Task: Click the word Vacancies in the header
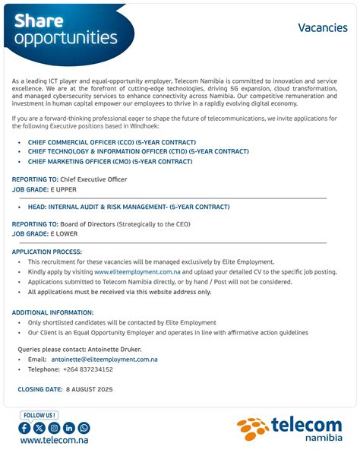point(322,28)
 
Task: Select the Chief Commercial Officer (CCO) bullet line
point(112,142)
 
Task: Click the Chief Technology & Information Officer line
point(138,151)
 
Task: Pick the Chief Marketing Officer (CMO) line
point(110,161)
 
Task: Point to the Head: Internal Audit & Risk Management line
point(128,207)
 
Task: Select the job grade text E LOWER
point(65,233)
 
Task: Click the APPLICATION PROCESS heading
point(46,252)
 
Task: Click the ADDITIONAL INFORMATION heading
point(52,312)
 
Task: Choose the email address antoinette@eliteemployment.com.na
point(104,359)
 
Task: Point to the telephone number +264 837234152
point(88,369)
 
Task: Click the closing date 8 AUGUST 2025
point(89,389)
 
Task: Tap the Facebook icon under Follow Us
point(24,428)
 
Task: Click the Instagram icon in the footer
point(54,428)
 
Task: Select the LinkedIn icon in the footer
point(69,428)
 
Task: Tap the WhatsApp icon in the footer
point(84,428)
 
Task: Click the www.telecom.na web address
point(54,440)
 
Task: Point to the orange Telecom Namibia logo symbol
point(253,429)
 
